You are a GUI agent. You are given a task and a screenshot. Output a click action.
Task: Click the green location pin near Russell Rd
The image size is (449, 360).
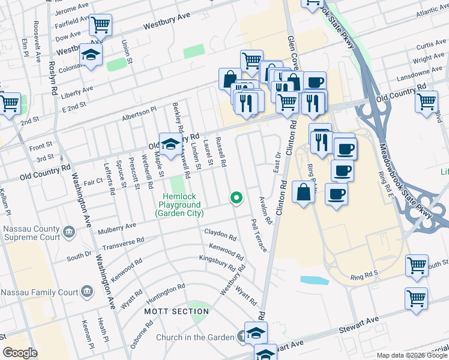tap(237, 197)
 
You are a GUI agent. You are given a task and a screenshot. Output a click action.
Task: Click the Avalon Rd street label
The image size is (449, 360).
tap(265, 210)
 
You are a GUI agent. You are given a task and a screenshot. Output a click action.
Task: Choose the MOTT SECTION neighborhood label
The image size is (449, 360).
tap(168, 311)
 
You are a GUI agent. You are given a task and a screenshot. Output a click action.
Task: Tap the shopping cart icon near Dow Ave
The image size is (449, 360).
tap(100, 26)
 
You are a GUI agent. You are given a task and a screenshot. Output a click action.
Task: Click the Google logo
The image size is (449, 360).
tap(20, 353)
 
